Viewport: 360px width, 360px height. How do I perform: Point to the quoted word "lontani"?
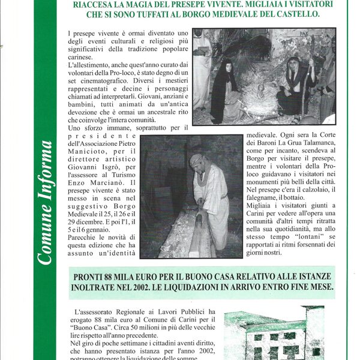306,230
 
